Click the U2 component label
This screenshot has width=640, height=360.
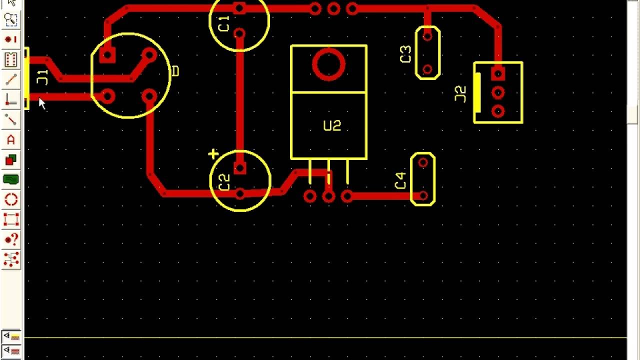[x=332, y=125]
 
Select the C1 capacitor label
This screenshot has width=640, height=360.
[x=224, y=23]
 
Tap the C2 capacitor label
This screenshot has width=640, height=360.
[x=224, y=182]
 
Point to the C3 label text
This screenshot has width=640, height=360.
[x=405, y=54]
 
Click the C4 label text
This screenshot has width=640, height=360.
[x=400, y=180]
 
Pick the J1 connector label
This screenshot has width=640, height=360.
[x=43, y=77]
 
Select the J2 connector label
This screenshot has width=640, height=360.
[x=460, y=94]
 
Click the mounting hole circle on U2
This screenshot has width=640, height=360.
[x=328, y=64]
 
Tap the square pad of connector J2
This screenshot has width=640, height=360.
[x=497, y=74]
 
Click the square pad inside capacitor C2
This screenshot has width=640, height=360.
[x=240, y=168]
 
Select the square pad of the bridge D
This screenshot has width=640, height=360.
[x=107, y=55]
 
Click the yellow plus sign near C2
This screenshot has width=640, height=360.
[x=213, y=154]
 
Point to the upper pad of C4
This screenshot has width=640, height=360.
[x=423, y=162]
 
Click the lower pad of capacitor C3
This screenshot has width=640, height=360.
[x=427, y=69]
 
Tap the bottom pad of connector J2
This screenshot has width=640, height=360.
[x=497, y=110]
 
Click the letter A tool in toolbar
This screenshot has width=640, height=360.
[x=10, y=139]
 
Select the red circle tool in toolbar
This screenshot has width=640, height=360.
[x=11, y=200]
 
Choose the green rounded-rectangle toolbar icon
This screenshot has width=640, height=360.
[x=10, y=179]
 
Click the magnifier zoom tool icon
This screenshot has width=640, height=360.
[x=10, y=19]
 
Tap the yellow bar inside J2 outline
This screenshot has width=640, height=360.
[x=477, y=92]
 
